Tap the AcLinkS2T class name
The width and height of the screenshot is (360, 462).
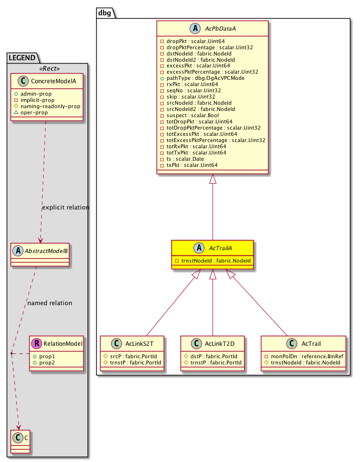tap(138, 343)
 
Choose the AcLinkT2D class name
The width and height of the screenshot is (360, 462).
tap(219, 343)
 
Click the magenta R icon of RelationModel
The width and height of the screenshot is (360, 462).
tap(36, 343)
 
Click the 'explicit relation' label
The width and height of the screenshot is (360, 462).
tap(66, 208)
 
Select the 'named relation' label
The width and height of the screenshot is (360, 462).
tap(50, 303)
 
